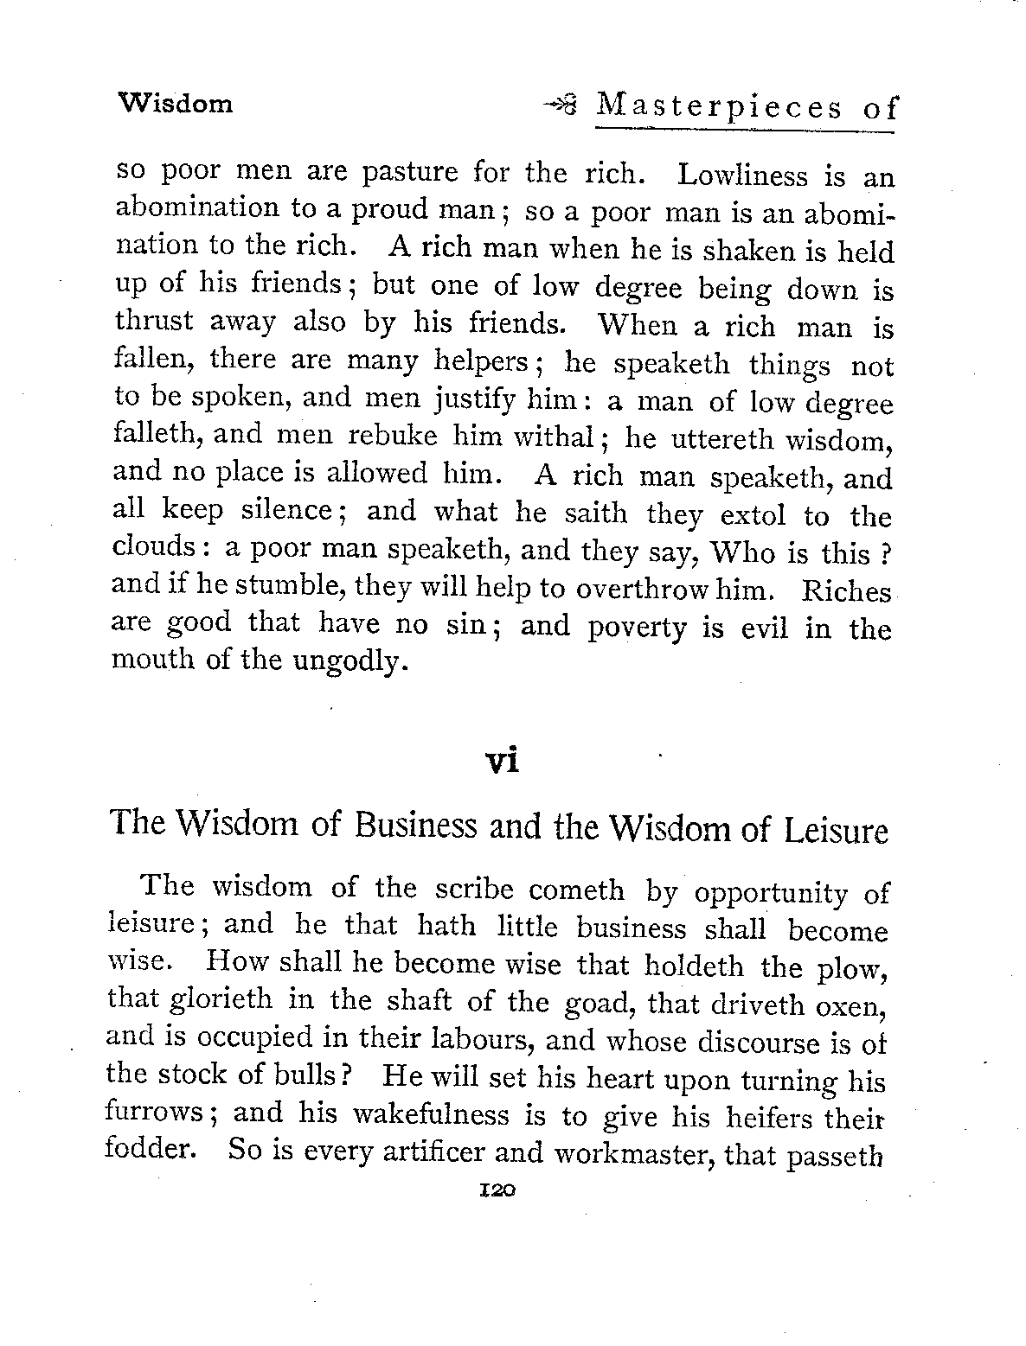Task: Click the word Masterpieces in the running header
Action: tap(720, 107)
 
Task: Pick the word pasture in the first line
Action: tap(411, 173)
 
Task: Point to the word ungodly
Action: tap(349, 661)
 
